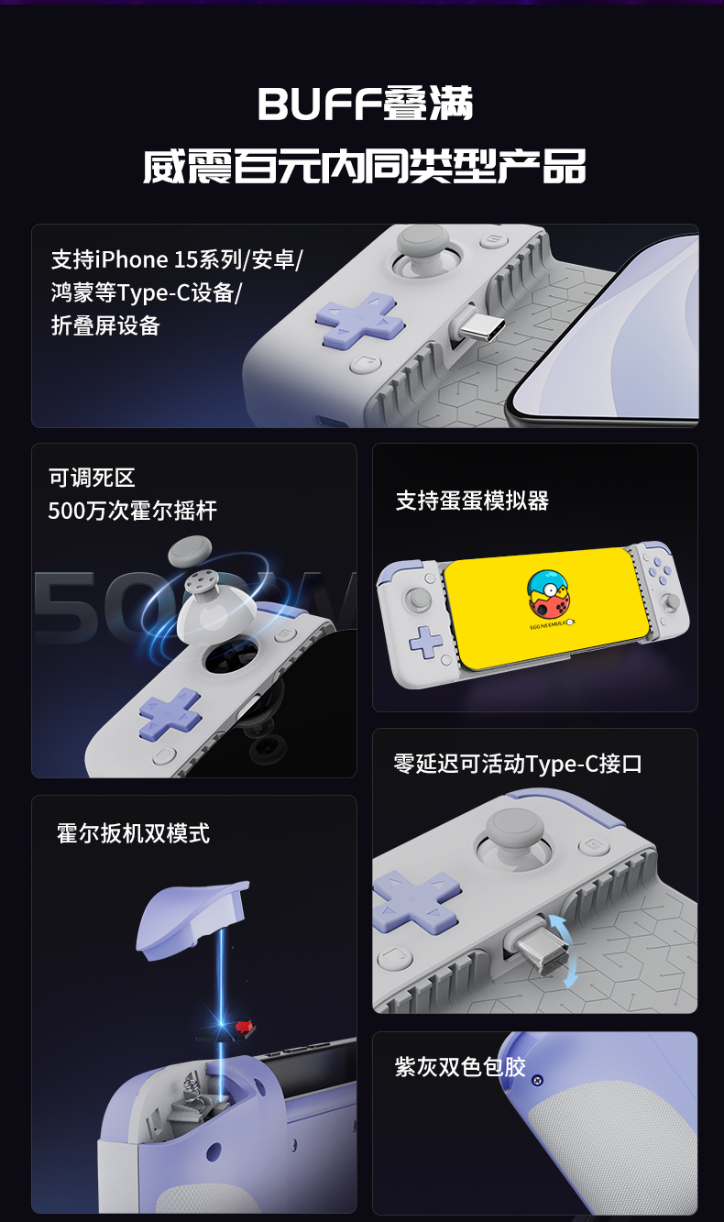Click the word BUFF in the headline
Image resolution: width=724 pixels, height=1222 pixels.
tap(319, 104)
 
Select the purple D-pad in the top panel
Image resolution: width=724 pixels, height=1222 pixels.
tap(360, 321)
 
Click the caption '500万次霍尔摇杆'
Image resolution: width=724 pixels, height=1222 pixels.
tap(133, 511)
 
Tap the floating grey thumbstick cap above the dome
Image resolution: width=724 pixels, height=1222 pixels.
tap(190, 551)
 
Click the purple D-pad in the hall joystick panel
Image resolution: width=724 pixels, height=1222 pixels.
tap(170, 713)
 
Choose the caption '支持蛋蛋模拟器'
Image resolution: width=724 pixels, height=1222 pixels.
tap(472, 501)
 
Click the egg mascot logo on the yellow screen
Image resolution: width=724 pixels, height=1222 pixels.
tap(550, 595)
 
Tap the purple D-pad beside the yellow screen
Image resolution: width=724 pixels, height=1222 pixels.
tap(426, 642)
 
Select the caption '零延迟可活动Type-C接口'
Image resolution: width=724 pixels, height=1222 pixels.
tap(518, 764)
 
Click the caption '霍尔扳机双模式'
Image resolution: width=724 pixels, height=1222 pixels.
tap(133, 833)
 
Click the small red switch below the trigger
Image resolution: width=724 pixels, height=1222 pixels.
tap(245, 1028)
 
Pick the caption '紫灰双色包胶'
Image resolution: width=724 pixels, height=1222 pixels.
tap(460, 1067)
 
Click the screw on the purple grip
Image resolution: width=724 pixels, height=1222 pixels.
tap(538, 1080)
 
